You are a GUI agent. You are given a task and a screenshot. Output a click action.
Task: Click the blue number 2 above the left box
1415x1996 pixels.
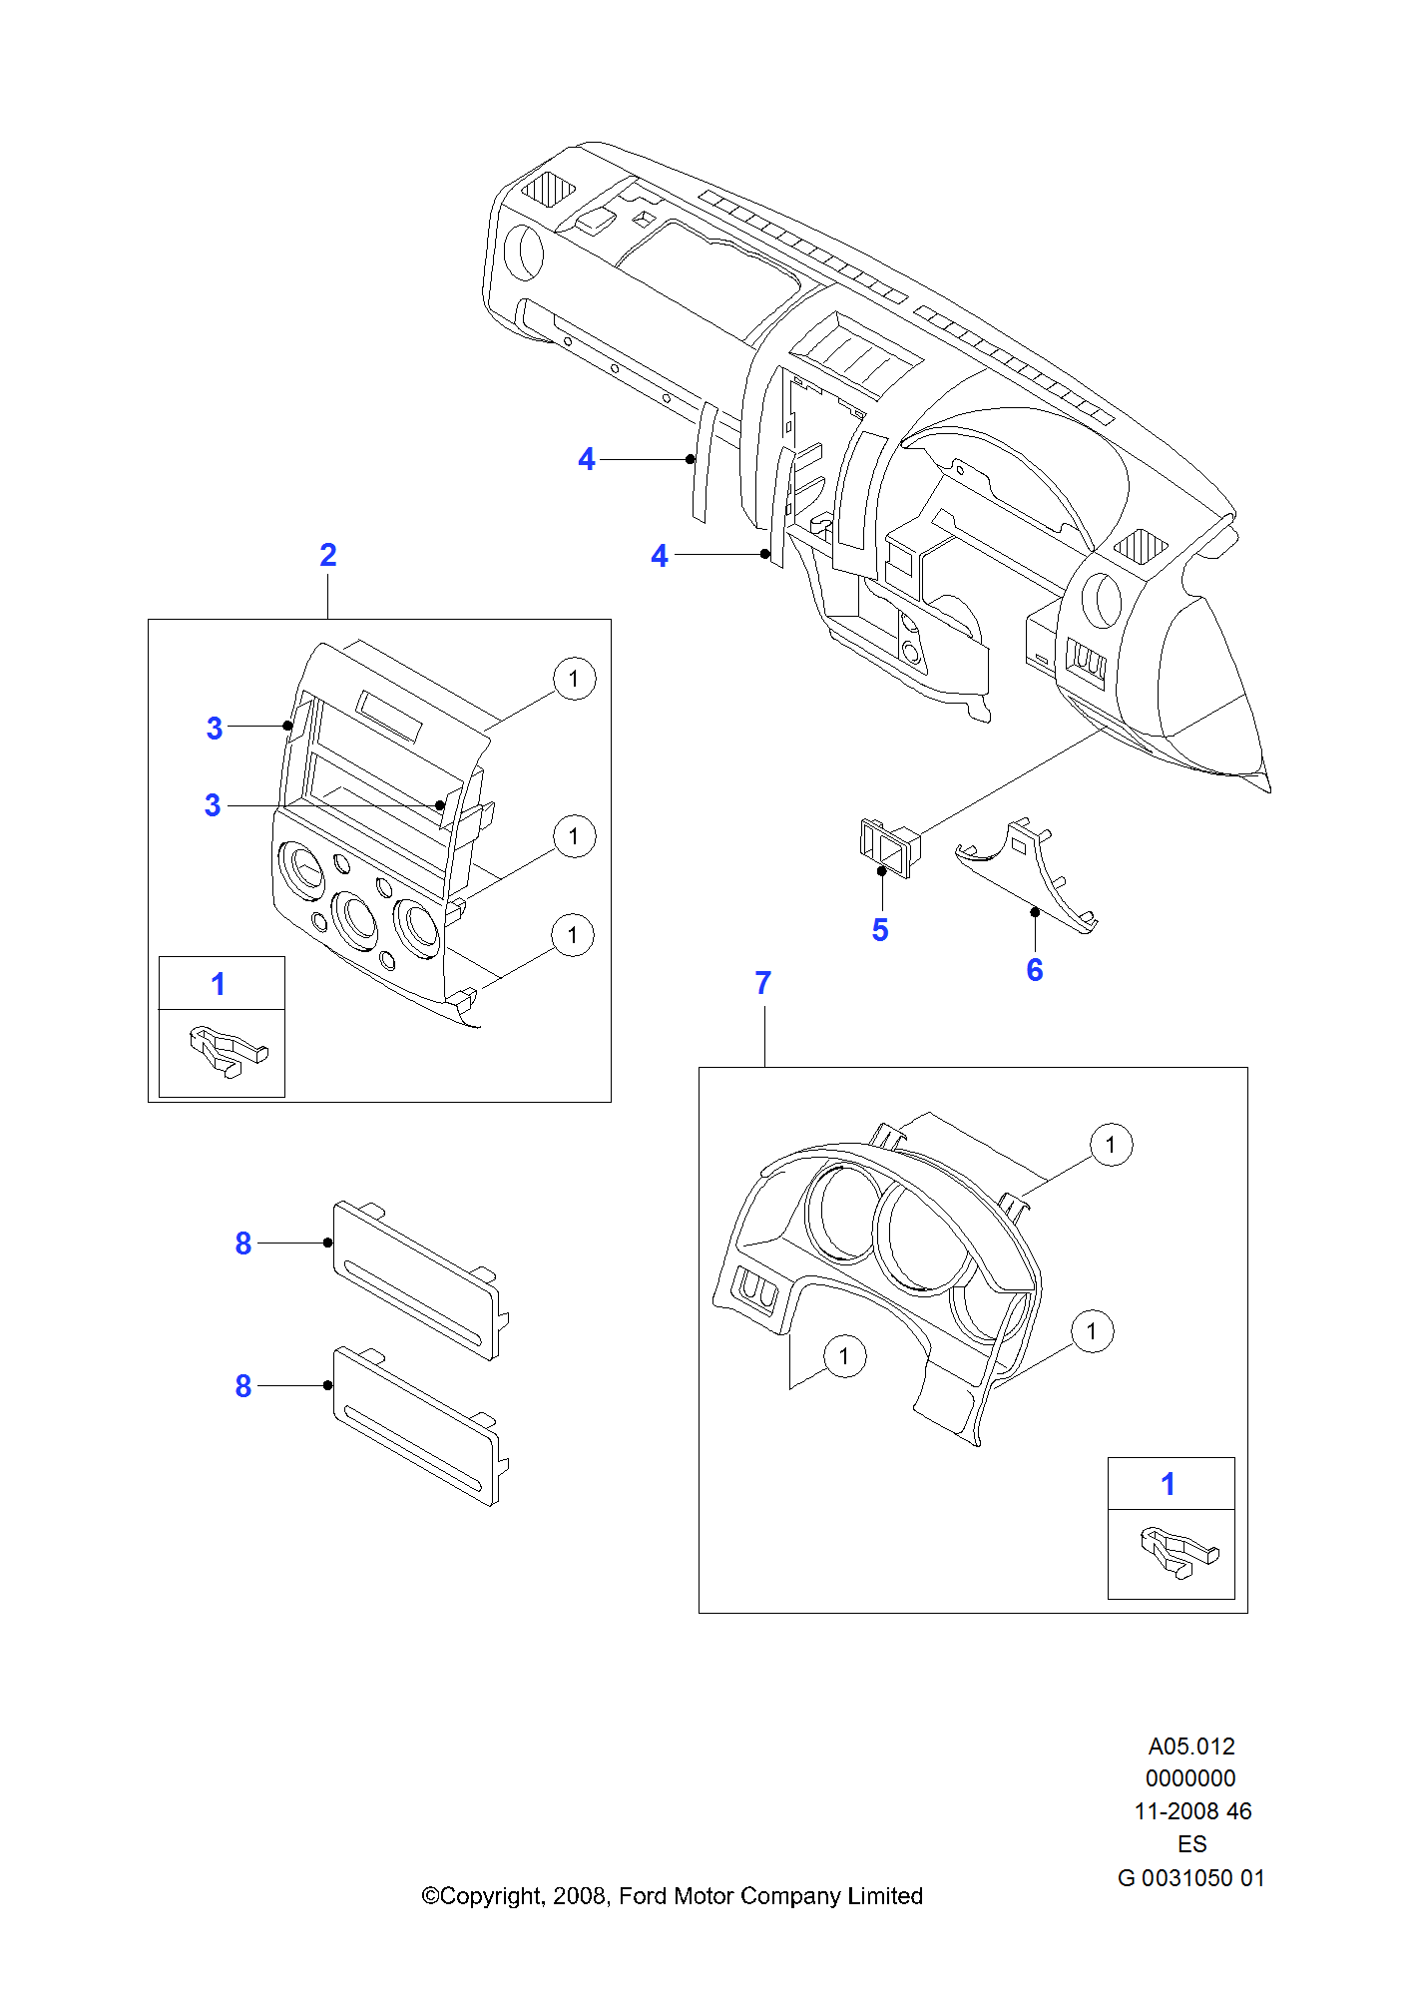click(328, 555)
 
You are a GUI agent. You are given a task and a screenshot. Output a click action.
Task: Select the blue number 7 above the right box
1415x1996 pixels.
click(763, 983)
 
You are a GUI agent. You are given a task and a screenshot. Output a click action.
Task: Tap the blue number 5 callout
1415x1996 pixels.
click(880, 930)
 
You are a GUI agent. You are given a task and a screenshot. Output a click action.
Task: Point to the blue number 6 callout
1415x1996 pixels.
click(1035, 970)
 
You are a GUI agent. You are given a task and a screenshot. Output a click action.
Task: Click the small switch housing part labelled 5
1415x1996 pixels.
click(888, 846)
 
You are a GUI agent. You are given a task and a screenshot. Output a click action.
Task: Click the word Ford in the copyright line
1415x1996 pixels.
click(643, 1896)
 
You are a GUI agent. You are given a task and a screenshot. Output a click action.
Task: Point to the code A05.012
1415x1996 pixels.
click(1191, 1746)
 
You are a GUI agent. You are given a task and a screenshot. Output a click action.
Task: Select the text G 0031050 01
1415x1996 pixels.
click(1191, 1878)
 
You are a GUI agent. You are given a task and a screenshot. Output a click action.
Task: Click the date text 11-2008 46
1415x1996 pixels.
click(1192, 1811)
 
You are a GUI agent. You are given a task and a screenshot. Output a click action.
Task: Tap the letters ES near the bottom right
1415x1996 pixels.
click(1192, 1844)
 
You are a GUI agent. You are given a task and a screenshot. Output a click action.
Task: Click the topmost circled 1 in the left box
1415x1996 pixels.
click(574, 680)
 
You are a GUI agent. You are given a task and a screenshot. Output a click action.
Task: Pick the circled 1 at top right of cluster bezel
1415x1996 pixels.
click(1111, 1145)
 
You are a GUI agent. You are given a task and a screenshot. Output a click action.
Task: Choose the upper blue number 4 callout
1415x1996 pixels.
click(587, 459)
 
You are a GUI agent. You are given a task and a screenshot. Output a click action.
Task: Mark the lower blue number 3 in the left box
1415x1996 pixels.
click(213, 805)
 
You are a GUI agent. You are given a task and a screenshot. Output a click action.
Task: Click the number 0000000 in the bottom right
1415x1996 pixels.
click(1190, 1778)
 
